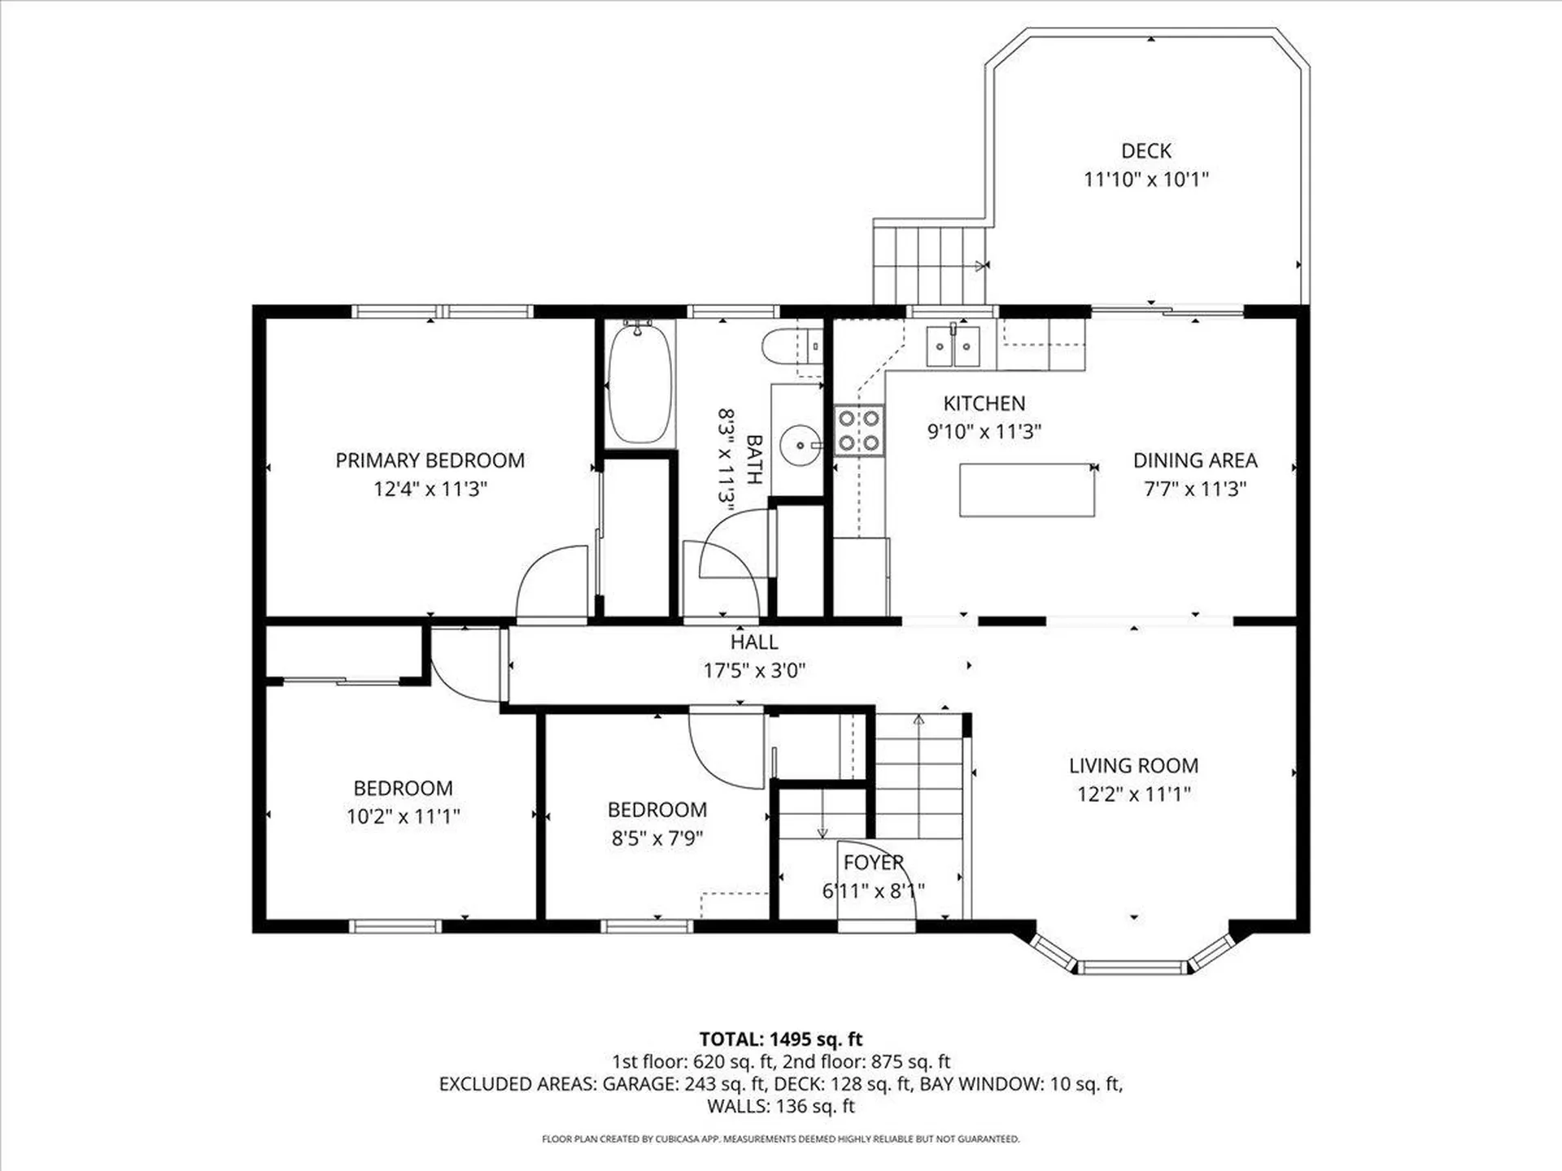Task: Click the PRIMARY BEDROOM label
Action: (x=430, y=460)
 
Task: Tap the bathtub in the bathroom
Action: (x=640, y=382)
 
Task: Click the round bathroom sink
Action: (x=801, y=445)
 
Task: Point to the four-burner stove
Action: (x=859, y=430)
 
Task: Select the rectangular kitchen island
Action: (x=1027, y=490)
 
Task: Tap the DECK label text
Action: (x=1146, y=150)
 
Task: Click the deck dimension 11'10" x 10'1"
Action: (x=1146, y=179)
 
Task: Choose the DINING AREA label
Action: (x=1195, y=460)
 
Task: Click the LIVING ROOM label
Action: (x=1133, y=765)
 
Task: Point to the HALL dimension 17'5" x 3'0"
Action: (x=754, y=670)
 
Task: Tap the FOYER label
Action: (x=873, y=862)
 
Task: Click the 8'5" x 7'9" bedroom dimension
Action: (x=657, y=838)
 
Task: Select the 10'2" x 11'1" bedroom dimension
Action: (x=403, y=816)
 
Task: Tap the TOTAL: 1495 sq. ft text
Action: (x=781, y=1039)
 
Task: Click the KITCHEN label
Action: (x=984, y=403)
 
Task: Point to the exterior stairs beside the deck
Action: (x=930, y=263)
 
